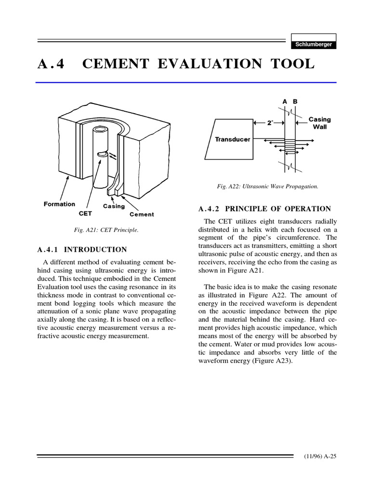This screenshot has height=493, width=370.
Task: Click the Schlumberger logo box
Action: pyautogui.click(x=314, y=44)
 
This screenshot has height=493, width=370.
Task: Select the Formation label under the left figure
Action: pyautogui.click(x=59, y=204)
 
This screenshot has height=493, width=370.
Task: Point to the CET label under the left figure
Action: pyautogui.click(x=85, y=212)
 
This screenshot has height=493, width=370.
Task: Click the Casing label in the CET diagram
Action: pyautogui.click(x=114, y=207)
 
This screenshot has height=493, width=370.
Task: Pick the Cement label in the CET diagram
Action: pyautogui.click(x=142, y=214)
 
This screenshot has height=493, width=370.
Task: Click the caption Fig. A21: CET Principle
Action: pyautogui.click(x=106, y=230)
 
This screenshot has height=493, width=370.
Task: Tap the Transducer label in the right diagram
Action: pyautogui.click(x=232, y=139)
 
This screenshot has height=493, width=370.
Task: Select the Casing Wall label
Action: pyautogui.click(x=319, y=123)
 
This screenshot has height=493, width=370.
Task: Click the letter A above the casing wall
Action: pyautogui.click(x=285, y=102)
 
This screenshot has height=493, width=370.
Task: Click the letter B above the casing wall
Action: pyautogui.click(x=295, y=102)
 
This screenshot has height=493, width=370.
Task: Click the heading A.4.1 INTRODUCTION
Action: pyautogui.click(x=82, y=249)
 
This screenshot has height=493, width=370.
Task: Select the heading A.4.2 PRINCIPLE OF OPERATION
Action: pyautogui.click(x=264, y=209)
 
